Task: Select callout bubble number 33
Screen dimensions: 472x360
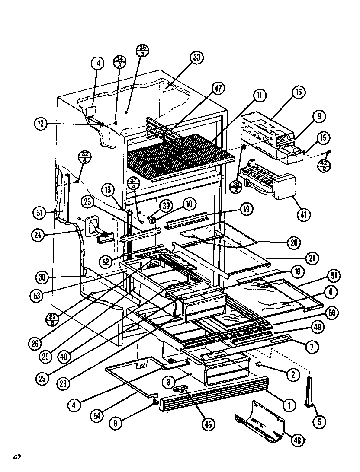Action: [x=197, y=58]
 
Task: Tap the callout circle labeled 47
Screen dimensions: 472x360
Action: [x=218, y=89]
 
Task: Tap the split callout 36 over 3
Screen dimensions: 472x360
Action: [x=143, y=50]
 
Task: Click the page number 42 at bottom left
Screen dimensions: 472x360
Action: [x=17, y=456]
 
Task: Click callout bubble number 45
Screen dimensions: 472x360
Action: [x=209, y=424]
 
